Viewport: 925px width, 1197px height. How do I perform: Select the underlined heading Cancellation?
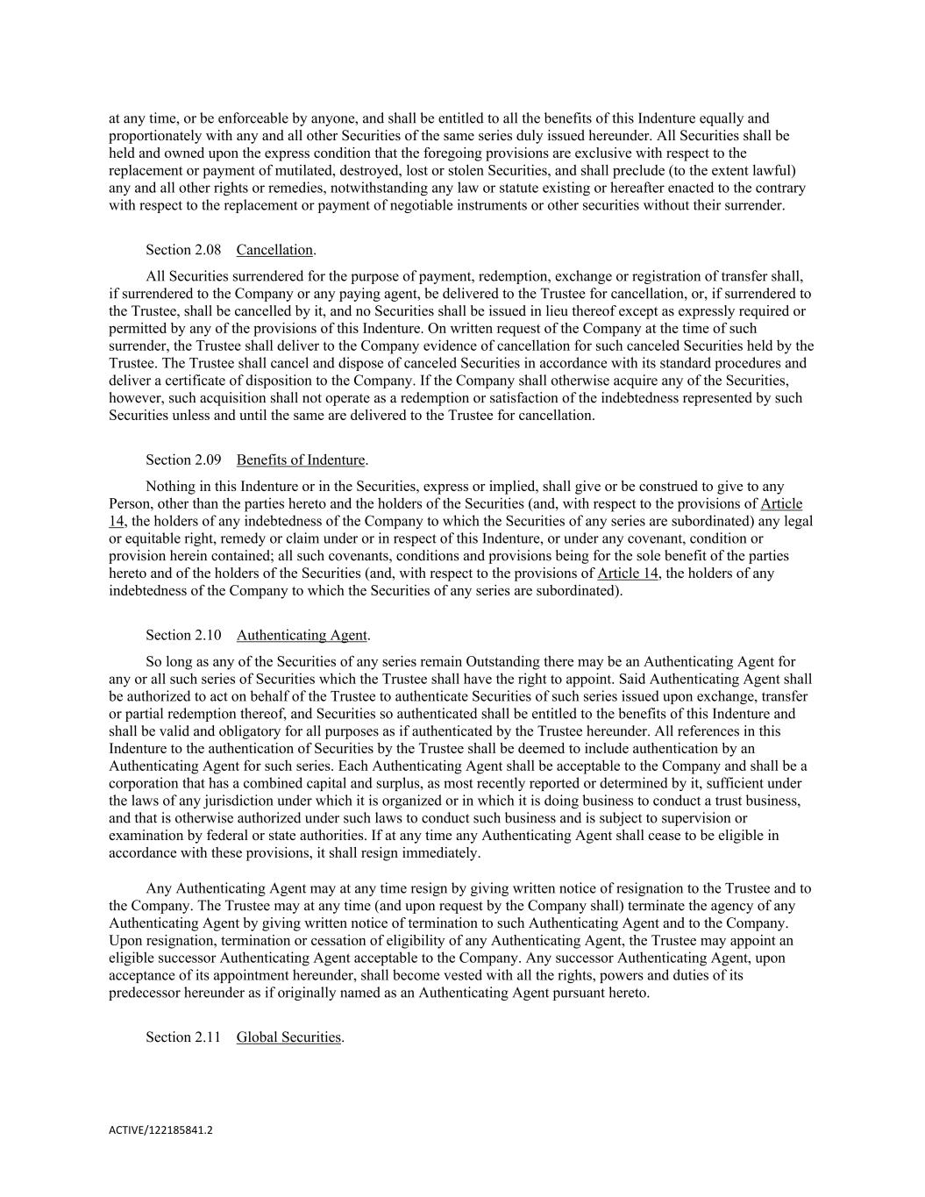(x=274, y=250)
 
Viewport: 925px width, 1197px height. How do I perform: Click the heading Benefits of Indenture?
(x=301, y=460)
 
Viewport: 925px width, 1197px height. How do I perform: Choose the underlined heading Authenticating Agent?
(x=302, y=636)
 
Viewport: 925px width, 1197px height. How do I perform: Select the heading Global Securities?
(x=288, y=1037)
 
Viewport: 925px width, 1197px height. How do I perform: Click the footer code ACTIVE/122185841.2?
(x=160, y=1131)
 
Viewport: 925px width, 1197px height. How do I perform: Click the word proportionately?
(x=153, y=136)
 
